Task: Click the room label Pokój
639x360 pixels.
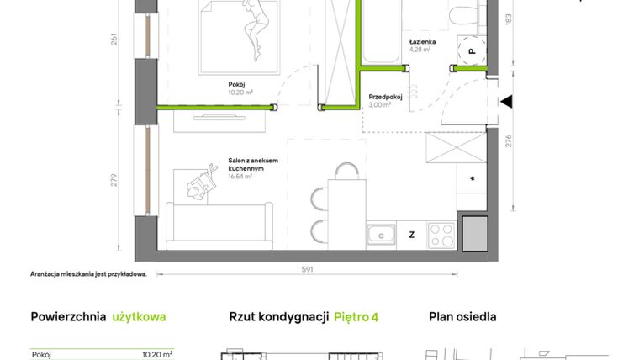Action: click(236, 84)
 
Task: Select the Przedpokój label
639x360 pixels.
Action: click(385, 97)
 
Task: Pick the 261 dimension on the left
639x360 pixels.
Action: click(114, 40)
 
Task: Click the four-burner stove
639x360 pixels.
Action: click(441, 234)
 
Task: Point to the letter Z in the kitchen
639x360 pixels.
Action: click(411, 235)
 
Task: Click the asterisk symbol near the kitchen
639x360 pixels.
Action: click(473, 179)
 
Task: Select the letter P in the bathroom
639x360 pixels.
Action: click(472, 50)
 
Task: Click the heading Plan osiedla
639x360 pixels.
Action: click(462, 317)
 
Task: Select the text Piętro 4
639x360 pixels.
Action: click(356, 317)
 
